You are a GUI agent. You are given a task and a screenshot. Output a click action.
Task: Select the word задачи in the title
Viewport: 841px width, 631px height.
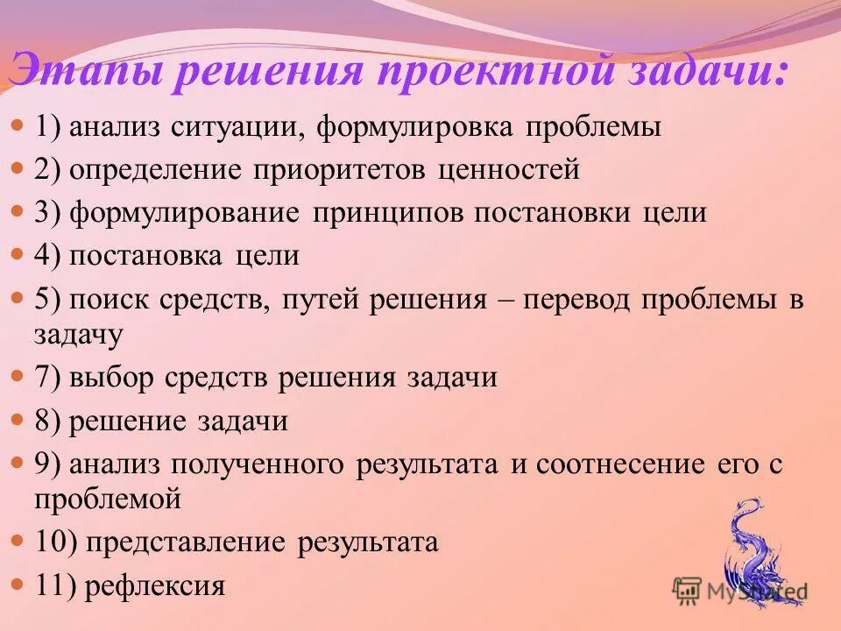point(697,71)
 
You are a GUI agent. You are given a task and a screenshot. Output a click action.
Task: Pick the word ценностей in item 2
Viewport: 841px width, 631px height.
point(508,170)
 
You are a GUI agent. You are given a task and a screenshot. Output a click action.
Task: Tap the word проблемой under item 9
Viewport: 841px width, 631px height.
point(108,500)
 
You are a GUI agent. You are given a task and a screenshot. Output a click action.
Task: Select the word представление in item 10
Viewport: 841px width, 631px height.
point(186,542)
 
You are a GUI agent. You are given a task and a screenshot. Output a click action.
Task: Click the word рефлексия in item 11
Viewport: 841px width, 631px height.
point(154,585)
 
